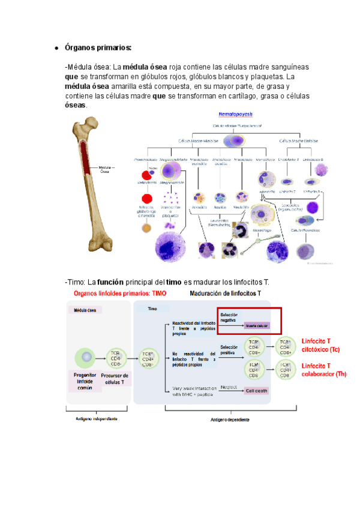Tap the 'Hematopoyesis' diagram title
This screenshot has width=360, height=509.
point(236,113)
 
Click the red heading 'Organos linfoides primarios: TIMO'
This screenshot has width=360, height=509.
point(119,294)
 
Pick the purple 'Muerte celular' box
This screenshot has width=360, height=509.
point(257,326)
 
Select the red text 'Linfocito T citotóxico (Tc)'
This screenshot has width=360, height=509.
point(323,344)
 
